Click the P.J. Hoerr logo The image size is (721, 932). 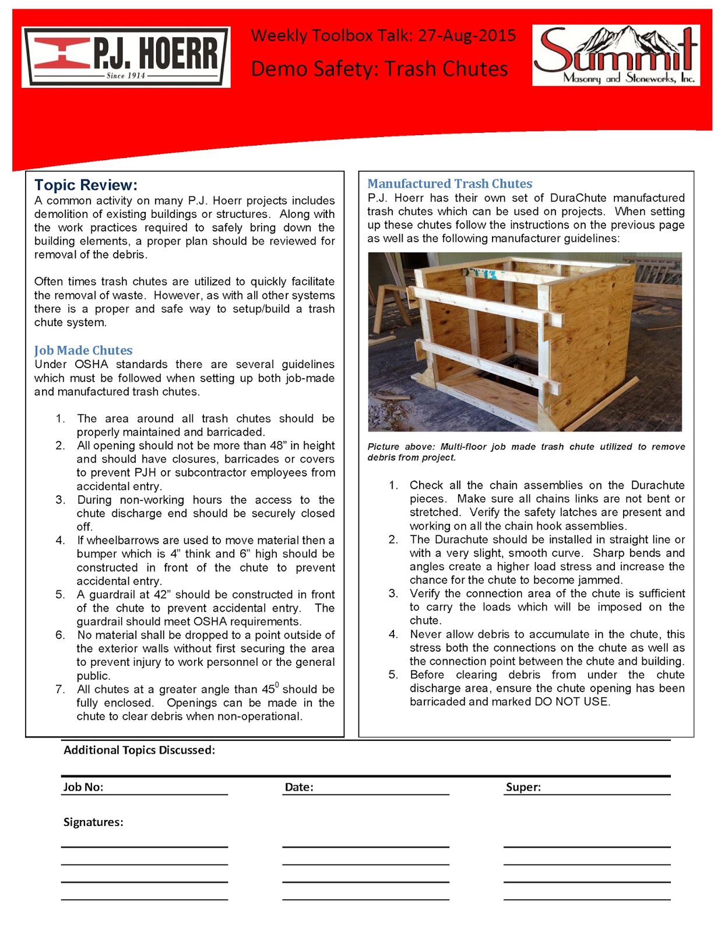pos(126,57)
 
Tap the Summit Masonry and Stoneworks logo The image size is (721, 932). pos(616,55)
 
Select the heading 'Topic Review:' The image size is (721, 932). pos(86,185)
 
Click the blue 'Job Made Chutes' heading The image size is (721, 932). pos(83,351)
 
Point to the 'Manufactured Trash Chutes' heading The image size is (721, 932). pos(449,184)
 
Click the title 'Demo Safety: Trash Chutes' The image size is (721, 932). pos(379,69)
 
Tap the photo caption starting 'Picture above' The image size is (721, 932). pos(526,451)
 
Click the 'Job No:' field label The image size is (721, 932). pos(83,787)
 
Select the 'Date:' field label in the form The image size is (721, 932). pos(299,787)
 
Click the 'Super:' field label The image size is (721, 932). pos(523,787)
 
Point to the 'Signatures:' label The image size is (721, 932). pos(93,822)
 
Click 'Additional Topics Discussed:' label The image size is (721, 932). pos(139,750)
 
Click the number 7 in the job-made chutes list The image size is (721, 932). pos(60,690)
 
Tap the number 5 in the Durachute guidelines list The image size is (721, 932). pos(393,675)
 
